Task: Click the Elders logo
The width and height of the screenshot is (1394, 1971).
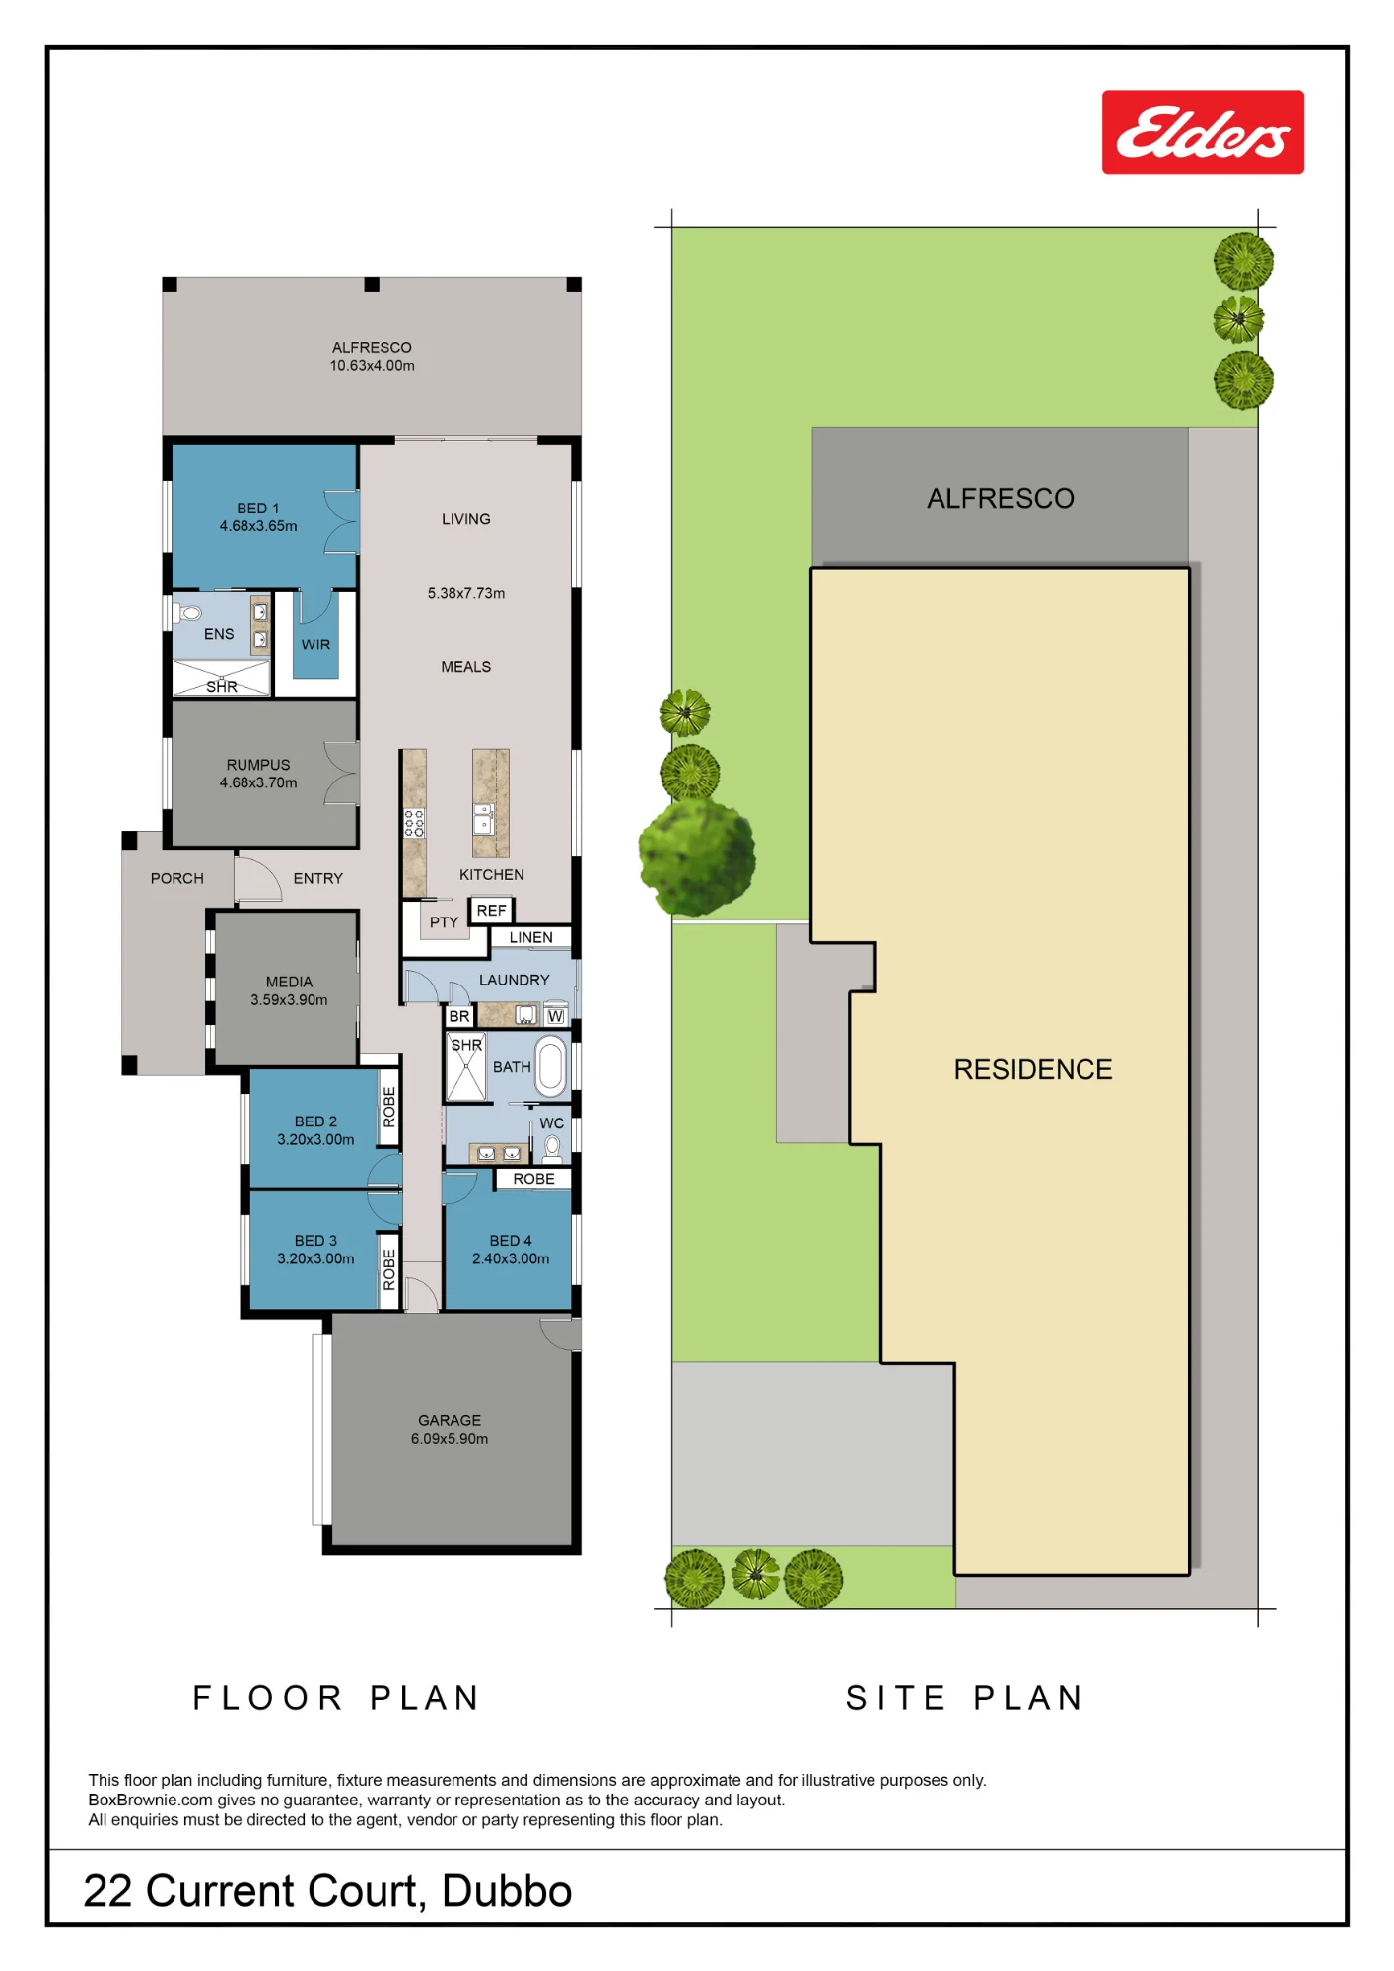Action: click(1203, 132)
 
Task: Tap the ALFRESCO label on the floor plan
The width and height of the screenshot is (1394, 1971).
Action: click(372, 347)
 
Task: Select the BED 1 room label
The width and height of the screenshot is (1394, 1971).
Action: click(258, 509)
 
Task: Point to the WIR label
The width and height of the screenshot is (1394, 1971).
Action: click(315, 645)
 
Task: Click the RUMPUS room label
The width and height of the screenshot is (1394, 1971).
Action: click(258, 765)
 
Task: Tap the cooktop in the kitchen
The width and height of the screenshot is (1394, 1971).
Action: click(414, 823)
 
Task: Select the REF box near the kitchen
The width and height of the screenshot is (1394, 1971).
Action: click(491, 911)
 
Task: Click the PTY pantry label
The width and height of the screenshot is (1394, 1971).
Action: click(444, 922)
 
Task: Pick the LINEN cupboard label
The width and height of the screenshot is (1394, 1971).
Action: click(530, 937)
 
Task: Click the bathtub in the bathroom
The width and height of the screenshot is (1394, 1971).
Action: click(552, 1066)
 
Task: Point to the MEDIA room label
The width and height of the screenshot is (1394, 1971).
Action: click(289, 982)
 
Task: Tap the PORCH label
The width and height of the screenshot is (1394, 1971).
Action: click(177, 878)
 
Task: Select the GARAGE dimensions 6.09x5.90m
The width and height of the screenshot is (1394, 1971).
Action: click(450, 1439)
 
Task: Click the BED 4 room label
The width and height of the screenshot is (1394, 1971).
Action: click(511, 1241)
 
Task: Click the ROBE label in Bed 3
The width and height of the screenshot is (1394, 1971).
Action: click(389, 1270)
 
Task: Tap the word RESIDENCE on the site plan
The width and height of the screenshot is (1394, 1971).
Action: click(1033, 1069)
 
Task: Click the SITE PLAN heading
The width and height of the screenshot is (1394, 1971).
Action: click(965, 1698)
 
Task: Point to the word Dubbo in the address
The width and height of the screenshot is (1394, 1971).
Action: click(507, 1891)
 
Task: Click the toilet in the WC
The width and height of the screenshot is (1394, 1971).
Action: click(553, 1148)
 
